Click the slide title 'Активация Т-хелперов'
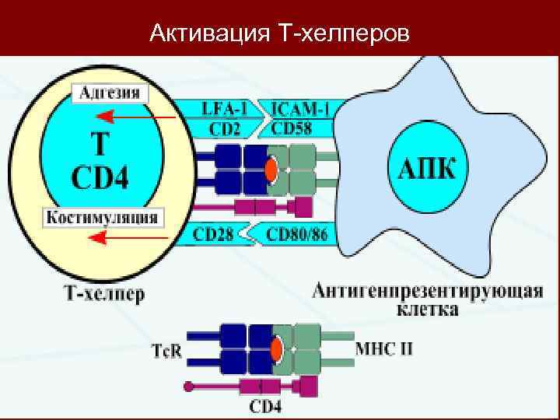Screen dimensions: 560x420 (279, 33)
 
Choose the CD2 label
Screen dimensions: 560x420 (226, 128)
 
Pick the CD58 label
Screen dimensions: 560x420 (299, 128)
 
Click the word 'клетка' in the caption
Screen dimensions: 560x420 (427, 310)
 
